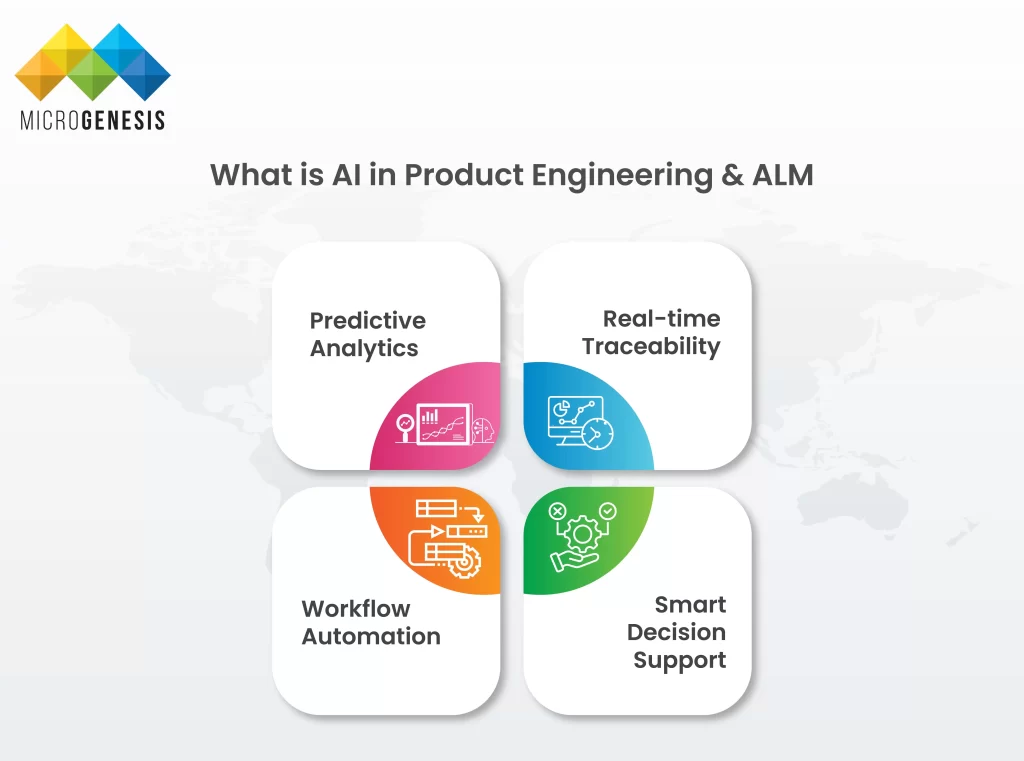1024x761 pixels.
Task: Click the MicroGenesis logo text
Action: (92, 120)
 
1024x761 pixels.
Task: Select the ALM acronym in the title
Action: (783, 175)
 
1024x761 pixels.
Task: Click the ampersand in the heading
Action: (732, 175)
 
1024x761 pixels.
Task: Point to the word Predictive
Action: (368, 320)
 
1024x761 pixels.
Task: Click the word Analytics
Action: (364, 349)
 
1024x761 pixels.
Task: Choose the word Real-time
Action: (662, 318)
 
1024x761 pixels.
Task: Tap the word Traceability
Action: (651, 346)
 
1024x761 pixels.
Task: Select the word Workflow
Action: (356, 609)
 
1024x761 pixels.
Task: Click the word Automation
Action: (371, 636)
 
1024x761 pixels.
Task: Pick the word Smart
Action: (690, 605)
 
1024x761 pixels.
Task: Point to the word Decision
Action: (677, 632)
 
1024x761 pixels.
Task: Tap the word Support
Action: (680, 660)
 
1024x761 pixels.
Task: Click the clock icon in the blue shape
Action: (597, 433)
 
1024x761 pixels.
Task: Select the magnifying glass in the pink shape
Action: (406, 428)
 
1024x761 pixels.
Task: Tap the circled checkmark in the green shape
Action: (608, 510)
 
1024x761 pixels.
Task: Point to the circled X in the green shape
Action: (557, 511)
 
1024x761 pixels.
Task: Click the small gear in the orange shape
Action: (465, 561)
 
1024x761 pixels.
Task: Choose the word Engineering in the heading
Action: (622, 176)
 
